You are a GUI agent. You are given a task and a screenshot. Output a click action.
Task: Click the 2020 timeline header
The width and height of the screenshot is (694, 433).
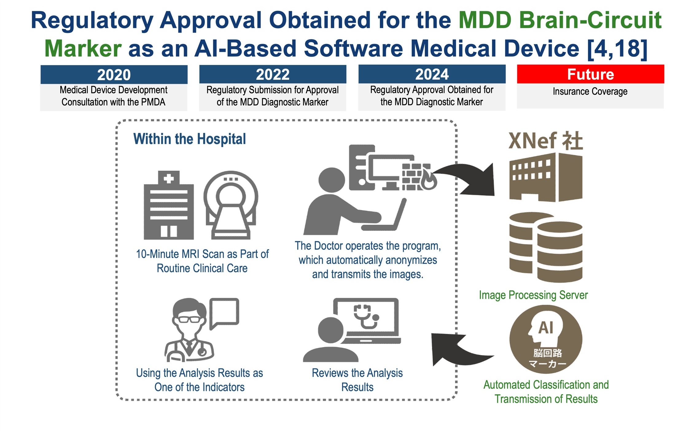point(114,74)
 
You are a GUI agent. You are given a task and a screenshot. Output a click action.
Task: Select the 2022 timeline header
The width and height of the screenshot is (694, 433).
point(273,74)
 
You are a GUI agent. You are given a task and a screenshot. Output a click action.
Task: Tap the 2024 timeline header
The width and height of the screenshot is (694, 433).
point(432,74)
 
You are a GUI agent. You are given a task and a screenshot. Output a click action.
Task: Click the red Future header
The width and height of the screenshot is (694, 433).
point(591,74)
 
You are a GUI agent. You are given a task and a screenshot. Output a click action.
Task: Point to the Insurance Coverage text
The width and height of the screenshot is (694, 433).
point(590,91)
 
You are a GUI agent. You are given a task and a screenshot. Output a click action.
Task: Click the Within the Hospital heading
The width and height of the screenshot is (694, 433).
point(189,139)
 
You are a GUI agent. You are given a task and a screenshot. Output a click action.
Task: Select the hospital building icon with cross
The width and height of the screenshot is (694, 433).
point(169,205)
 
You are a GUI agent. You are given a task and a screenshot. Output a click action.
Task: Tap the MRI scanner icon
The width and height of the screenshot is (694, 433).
point(231,205)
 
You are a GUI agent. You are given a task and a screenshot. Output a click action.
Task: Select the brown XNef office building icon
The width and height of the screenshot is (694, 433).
point(546,177)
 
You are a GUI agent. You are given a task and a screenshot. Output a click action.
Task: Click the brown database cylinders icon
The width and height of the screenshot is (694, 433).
point(546,247)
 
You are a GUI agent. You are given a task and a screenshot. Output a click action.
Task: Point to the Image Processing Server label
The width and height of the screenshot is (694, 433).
point(533,295)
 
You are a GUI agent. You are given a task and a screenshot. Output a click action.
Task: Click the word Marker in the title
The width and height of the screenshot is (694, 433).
point(83,49)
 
